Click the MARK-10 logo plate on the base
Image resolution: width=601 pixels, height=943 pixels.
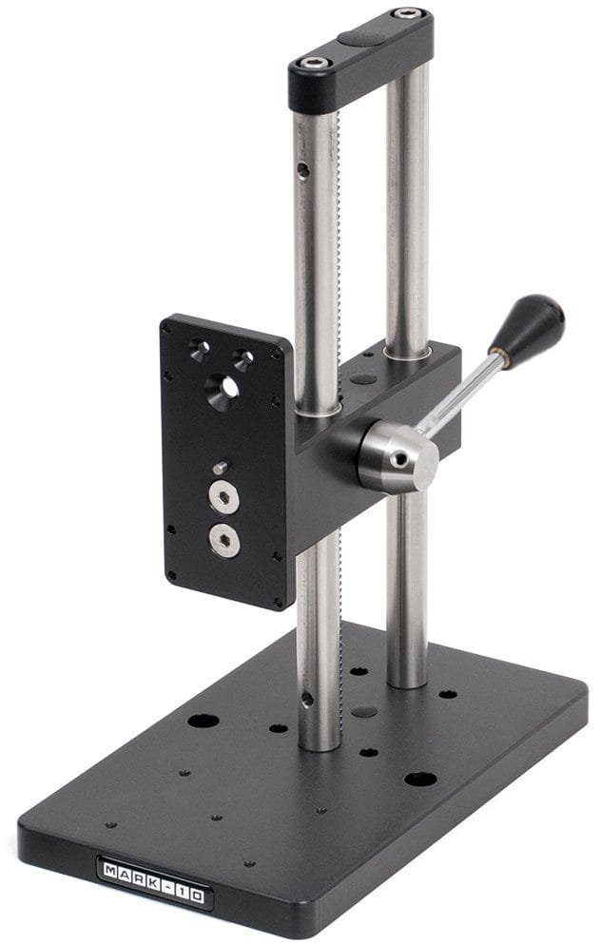tap(153, 882)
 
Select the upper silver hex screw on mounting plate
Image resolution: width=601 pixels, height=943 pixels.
tap(223, 497)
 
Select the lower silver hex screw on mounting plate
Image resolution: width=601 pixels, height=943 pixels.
tap(224, 539)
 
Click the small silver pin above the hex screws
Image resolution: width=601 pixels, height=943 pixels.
tap(220, 468)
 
